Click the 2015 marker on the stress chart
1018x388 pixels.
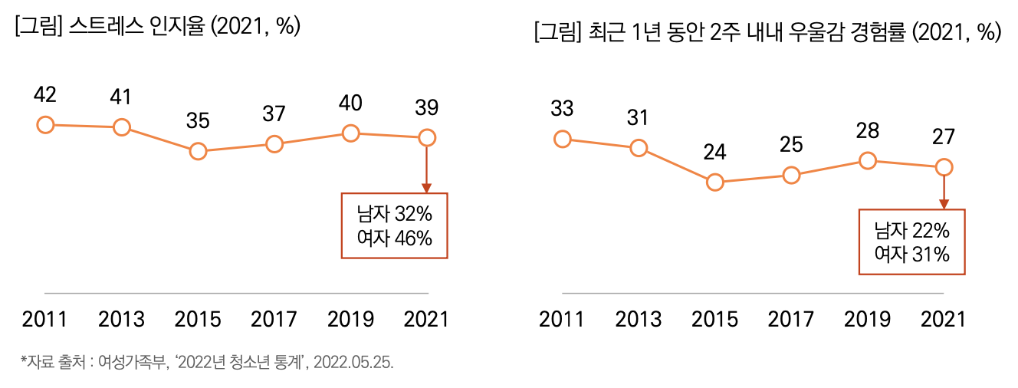point(198,151)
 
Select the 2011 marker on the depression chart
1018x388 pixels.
point(562,138)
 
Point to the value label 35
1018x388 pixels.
point(198,121)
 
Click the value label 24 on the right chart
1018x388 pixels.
point(714,152)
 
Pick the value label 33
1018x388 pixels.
point(562,109)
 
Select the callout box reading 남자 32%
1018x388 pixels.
point(394,225)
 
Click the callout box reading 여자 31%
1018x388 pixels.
point(911,242)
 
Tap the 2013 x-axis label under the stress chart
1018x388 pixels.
point(121,318)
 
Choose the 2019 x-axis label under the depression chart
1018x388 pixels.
point(868,318)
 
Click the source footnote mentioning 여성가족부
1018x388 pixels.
point(207,362)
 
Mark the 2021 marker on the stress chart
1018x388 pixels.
point(427,138)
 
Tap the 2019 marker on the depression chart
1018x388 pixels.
point(868,160)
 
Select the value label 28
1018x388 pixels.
point(868,130)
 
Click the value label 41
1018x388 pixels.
point(121,97)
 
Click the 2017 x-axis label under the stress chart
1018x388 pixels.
point(274,318)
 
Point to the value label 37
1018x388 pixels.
point(274,113)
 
